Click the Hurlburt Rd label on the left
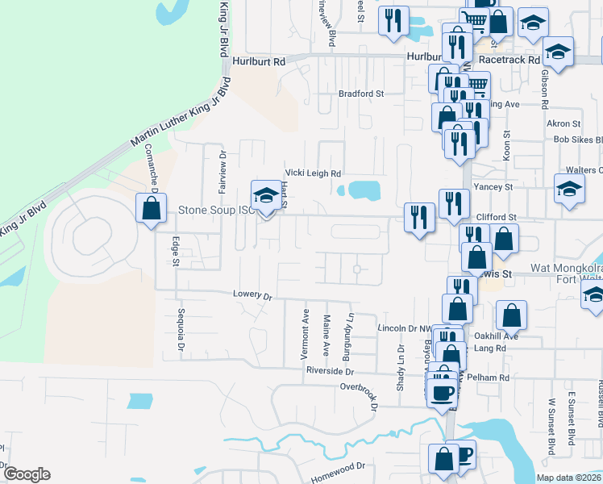tap(259, 61)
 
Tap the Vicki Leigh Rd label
tap(313, 173)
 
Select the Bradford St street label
tap(360, 94)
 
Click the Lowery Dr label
tap(252, 295)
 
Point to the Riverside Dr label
tap(330, 371)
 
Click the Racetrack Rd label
tap(508, 60)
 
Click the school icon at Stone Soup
tap(265, 195)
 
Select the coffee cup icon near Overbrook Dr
tap(441, 393)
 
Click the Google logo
tap(27, 474)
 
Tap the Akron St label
tap(563, 123)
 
